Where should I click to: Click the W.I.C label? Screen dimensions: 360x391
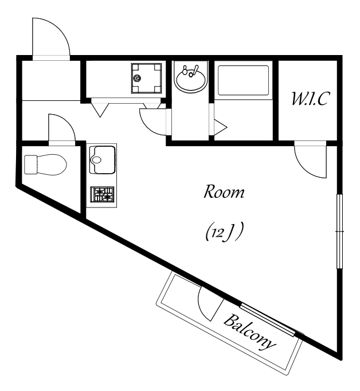(311, 99)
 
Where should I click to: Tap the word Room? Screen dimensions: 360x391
(224, 191)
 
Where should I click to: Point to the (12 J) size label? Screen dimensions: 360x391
(224, 232)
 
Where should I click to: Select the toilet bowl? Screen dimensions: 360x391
(52, 165)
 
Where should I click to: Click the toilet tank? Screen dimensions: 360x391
(30, 165)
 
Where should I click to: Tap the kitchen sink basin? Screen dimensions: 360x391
(102, 159)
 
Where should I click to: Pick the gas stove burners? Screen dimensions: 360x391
(102, 194)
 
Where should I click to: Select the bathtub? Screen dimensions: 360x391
(243, 80)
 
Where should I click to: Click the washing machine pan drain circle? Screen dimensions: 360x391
(136, 79)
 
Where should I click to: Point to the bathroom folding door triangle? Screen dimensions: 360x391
(220, 128)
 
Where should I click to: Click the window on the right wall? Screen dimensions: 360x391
(339, 232)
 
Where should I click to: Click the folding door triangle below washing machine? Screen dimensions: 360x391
(100, 110)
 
